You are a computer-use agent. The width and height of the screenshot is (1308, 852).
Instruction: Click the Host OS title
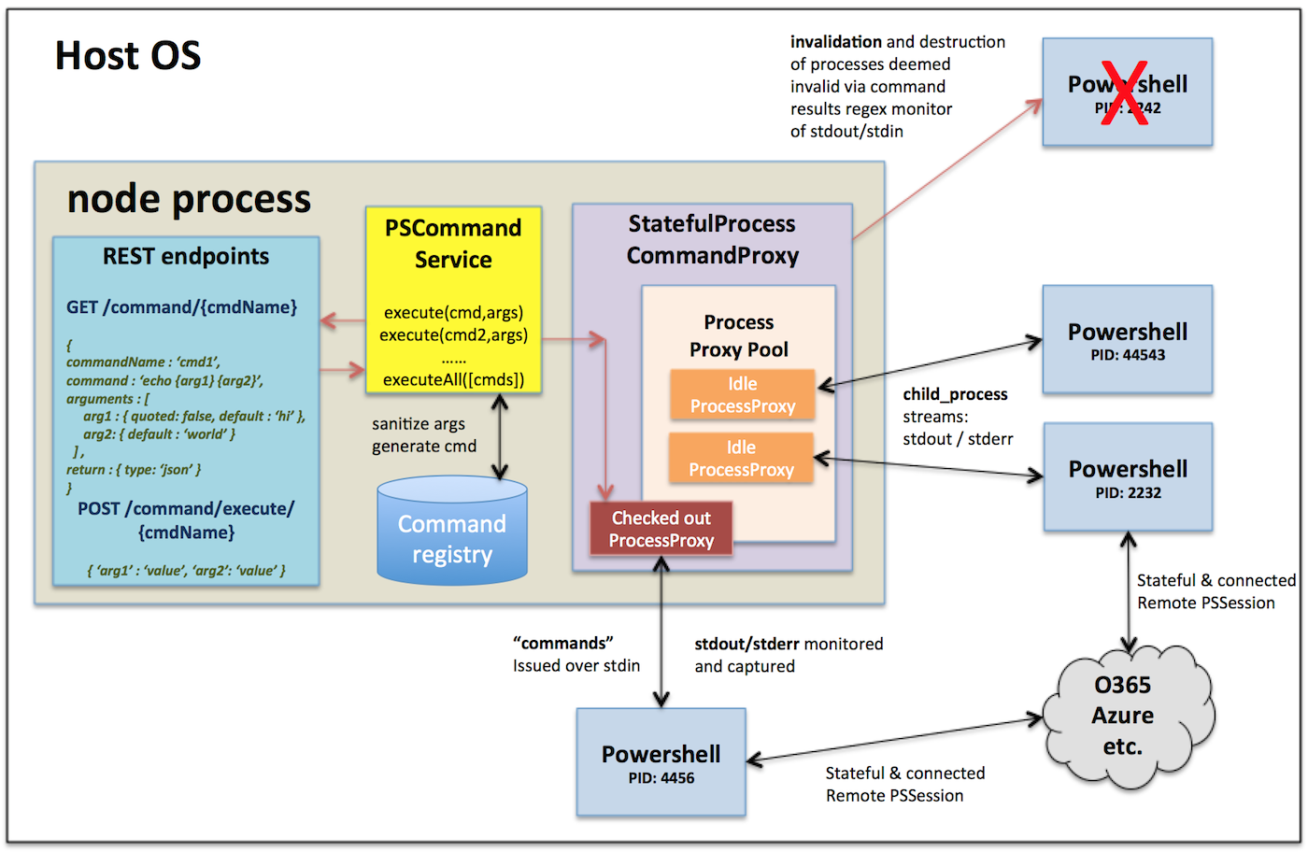pyautogui.click(x=128, y=56)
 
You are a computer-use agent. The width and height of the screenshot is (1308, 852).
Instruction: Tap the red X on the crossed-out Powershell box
pyautogui.click(x=1124, y=92)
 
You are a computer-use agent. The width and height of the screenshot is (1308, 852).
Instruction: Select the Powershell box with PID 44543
pyautogui.click(x=1128, y=340)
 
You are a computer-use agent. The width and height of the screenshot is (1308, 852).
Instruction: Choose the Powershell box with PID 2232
pyautogui.click(x=1128, y=477)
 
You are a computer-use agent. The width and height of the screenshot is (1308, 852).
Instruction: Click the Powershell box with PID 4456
pyautogui.click(x=661, y=762)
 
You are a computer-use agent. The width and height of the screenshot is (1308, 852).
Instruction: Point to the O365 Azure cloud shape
pyautogui.click(x=1123, y=715)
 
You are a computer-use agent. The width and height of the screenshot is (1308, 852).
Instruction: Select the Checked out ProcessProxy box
pyautogui.click(x=661, y=529)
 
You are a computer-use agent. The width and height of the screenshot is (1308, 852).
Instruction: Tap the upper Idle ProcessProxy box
pyautogui.click(x=743, y=395)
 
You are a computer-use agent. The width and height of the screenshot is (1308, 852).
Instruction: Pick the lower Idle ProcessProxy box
pyautogui.click(x=741, y=459)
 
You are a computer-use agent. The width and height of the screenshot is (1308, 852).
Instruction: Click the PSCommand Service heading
pyautogui.click(x=453, y=243)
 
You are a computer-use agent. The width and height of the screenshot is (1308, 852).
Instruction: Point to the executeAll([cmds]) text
pyautogui.click(x=453, y=379)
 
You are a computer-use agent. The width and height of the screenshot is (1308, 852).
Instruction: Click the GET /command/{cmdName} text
pyautogui.click(x=181, y=307)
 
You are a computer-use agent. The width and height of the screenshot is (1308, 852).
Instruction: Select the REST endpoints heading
pyautogui.click(x=186, y=257)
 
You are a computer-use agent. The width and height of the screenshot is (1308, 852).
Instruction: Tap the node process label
pyautogui.click(x=189, y=199)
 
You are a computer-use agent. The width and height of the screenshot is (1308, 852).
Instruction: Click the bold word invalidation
pyautogui.click(x=835, y=42)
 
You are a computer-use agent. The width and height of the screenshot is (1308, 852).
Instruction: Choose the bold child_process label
pyautogui.click(x=955, y=394)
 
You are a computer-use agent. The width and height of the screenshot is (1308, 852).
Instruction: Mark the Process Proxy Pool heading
pyautogui.click(x=739, y=335)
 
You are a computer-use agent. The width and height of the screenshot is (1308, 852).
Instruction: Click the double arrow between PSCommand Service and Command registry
pyautogui.click(x=501, y=436)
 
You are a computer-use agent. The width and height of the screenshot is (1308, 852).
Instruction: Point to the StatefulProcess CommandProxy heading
pyautogui.click(x=712, y=239)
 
